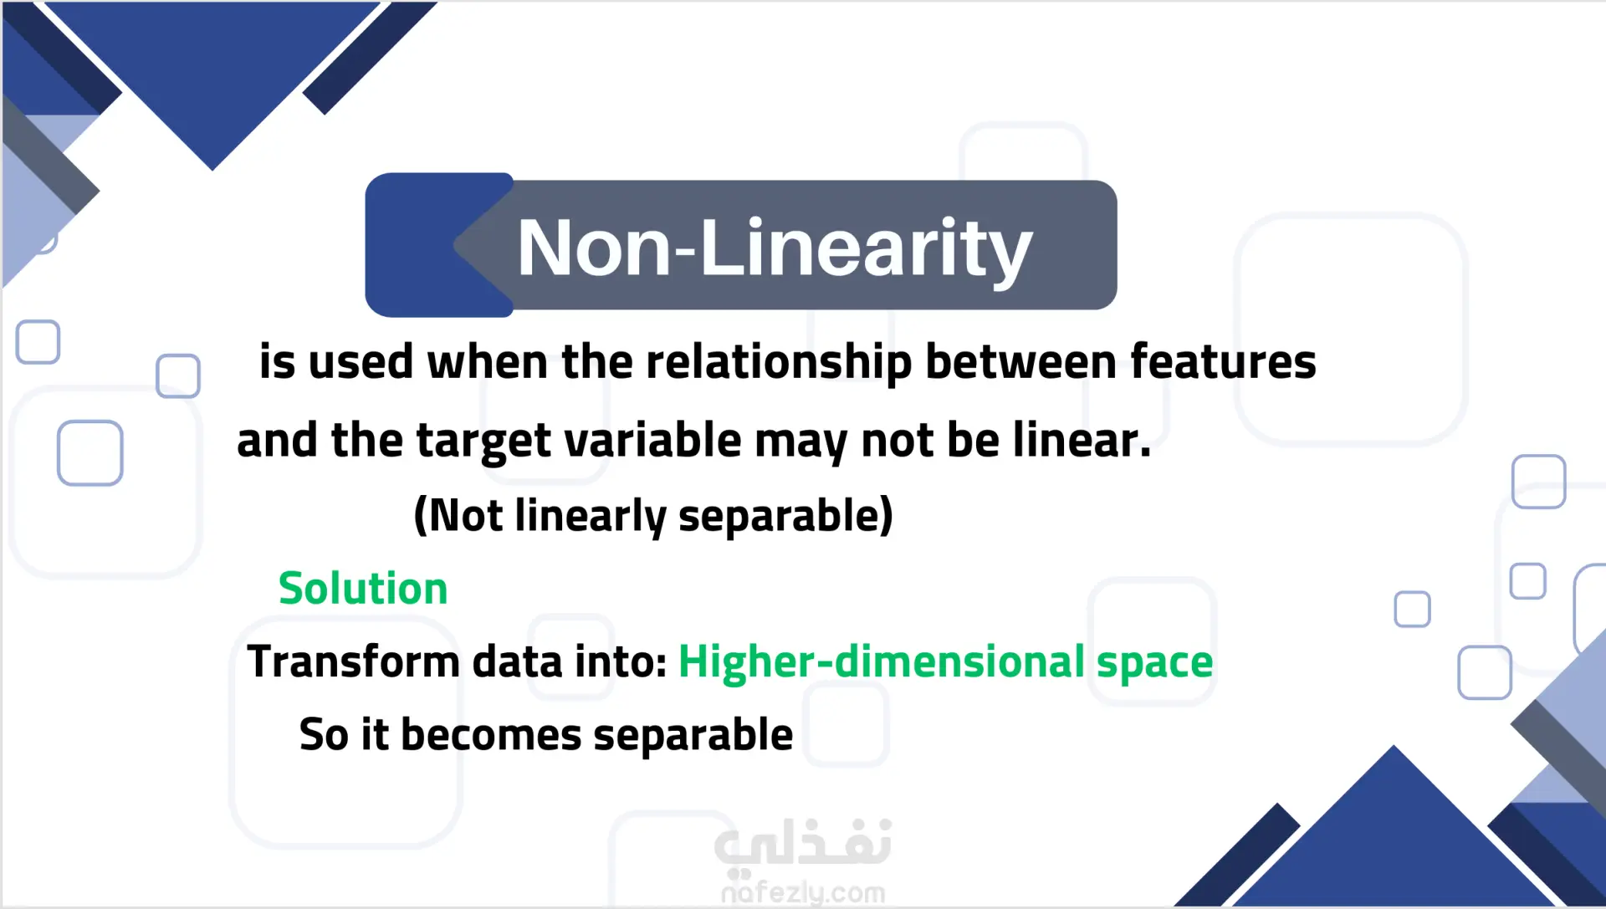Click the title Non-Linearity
(775, 248)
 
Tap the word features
(1223, 362)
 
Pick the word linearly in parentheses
(590, 516)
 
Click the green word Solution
(363, 588)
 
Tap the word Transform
(353, 661)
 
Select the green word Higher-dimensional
(882, 661)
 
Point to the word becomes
(491, 735)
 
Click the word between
(1020, 362)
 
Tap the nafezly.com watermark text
(803, 893)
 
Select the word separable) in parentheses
(785, 516)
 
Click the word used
(361, 364)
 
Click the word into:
(620, 661)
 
